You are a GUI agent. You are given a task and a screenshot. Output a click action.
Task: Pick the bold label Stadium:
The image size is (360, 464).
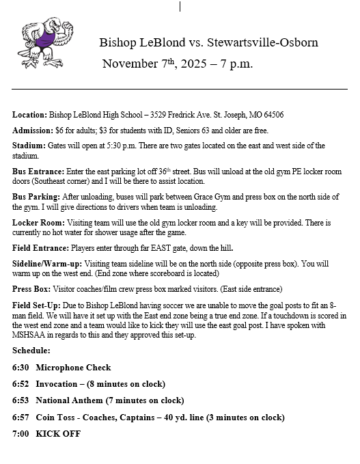tap(29, 146)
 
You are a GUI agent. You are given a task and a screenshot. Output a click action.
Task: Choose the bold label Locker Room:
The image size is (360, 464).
tap(37, 223)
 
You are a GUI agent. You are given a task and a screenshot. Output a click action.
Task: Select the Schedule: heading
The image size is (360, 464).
tap(31, 350)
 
